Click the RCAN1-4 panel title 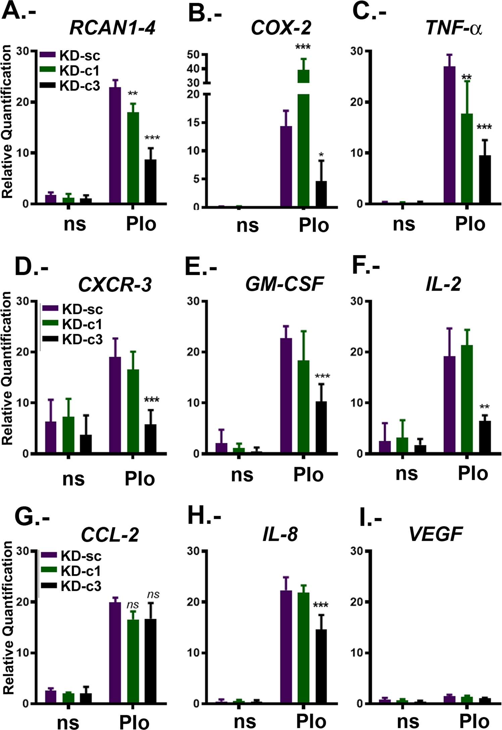point(112,27)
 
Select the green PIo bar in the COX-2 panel point(303,141)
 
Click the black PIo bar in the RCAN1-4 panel point(150,181)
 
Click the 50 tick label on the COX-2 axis point(193,54)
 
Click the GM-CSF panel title point(284,284)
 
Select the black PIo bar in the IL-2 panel point(485,437)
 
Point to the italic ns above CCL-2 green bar point(133,605)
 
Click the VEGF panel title point(436,534)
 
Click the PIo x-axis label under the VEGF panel point(474,721)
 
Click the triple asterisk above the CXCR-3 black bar point(151,400)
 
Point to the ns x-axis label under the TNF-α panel point(404,224)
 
